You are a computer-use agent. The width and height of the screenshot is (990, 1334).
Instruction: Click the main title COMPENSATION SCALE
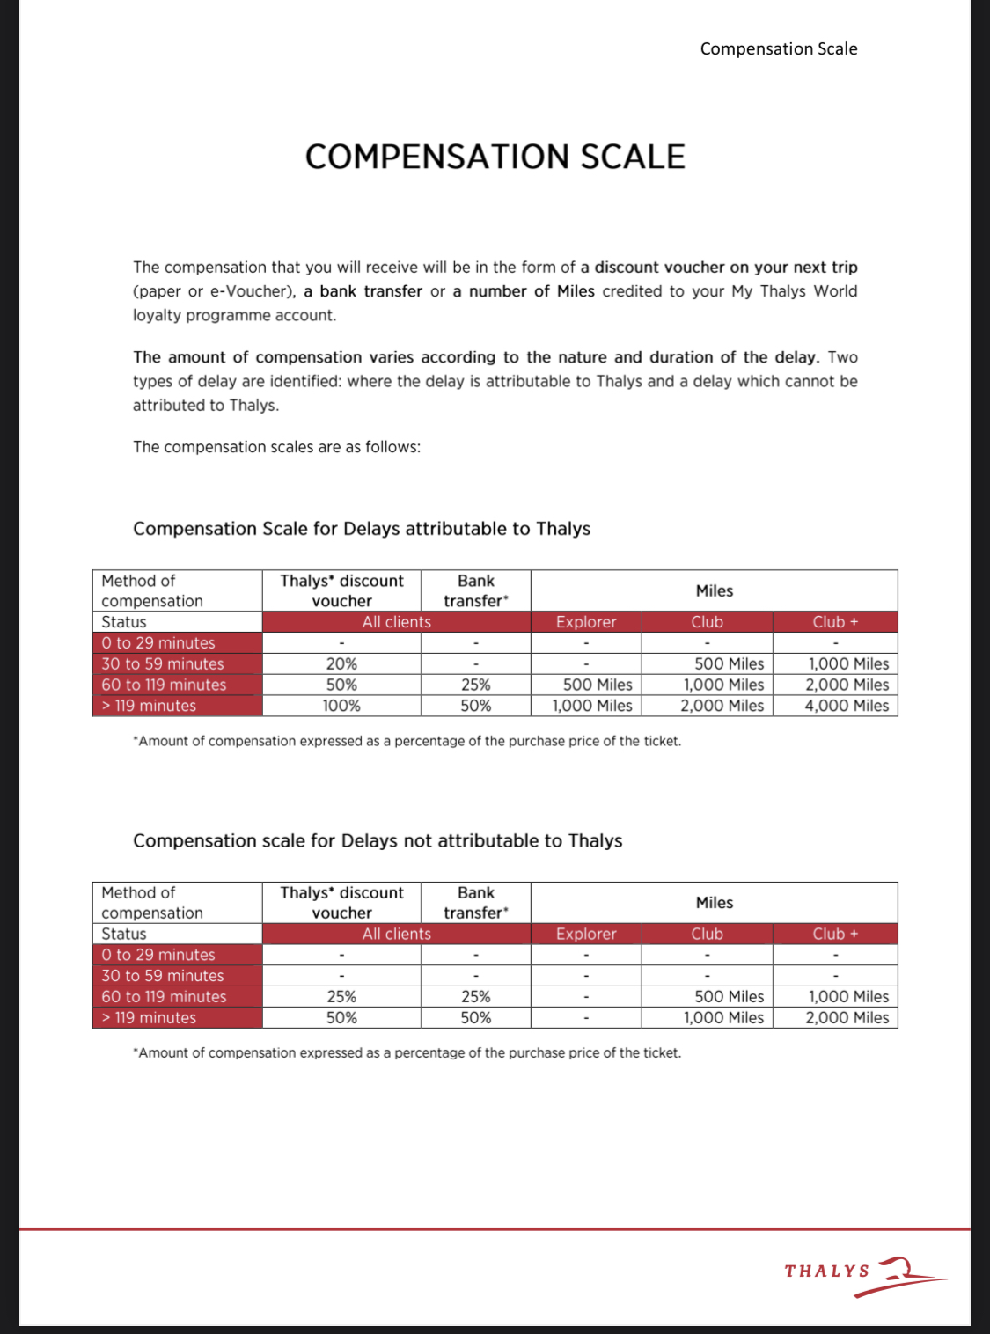click(495, 158)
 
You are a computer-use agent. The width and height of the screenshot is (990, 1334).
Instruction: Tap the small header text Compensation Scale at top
click(778, 49)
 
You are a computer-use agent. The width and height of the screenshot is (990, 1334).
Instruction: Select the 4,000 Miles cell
click(846, 706)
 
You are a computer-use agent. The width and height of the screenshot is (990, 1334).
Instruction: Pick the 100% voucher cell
click(341, 706)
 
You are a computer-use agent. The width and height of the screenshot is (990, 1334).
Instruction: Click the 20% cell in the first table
click(341, 664)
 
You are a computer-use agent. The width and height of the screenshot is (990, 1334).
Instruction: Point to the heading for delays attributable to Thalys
click(362, 529)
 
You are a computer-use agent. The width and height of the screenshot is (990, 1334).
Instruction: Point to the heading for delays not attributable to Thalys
click(378, 840)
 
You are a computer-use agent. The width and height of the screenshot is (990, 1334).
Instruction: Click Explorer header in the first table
click(586, 622)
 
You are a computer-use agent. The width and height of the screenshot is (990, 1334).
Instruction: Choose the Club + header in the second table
click(835, 934)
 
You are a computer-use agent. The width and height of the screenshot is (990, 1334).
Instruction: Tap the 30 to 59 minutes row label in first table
click(163, 664)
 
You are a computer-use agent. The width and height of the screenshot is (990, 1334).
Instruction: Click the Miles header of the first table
click(714, 591)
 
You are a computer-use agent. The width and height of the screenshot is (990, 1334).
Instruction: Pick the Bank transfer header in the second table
click(475, 903)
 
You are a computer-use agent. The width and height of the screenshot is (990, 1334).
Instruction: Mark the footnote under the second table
click(407, 1053)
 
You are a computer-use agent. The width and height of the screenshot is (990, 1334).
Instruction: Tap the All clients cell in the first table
click(397, 622)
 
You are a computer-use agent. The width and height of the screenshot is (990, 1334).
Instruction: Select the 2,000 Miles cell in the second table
click(846, 1018)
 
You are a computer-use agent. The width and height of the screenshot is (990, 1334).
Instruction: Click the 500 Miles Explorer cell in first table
click(597, 685)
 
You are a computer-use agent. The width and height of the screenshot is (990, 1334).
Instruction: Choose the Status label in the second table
click(124, 934)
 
